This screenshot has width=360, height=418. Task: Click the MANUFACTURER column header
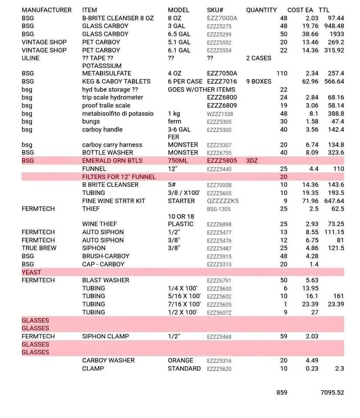[x=47, y=10]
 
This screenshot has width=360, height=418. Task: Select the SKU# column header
[x=215, y=10]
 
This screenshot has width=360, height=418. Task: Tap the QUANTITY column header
[x=261, y=10]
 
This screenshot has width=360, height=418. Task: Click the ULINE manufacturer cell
[x=31, y=58]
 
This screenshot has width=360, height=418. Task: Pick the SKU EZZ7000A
[x=222, y=18]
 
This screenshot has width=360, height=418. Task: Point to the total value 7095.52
[x=332, y=392]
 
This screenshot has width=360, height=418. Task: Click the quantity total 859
[x=282, y=392]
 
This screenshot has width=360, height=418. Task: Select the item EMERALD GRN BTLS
[x=112, y=161]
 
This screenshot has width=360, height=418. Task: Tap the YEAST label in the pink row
[x=31, y=272]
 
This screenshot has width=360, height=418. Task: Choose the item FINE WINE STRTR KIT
[x=114, y=201]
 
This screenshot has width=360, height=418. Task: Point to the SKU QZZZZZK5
[x=223, y=201]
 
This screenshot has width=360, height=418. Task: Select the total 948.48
[x=334, y=26]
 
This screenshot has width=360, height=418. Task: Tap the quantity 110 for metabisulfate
[x=282, y=74]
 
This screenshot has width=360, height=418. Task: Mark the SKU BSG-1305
[x=219, y=209]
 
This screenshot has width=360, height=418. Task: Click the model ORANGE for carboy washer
[x=180, y=361]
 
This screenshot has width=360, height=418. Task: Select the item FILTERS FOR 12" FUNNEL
[x=119, y=177]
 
